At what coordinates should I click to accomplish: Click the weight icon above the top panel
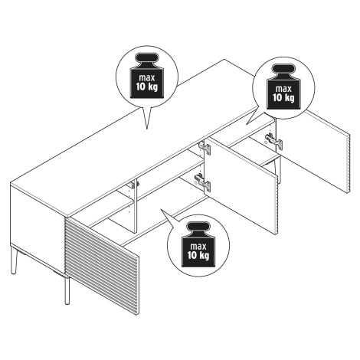146,75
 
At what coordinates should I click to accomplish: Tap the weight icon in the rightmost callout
283,87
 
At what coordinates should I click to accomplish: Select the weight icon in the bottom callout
198,244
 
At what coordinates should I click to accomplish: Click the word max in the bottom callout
198,247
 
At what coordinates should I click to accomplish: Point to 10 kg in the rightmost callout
283,97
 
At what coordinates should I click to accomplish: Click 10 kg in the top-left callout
146,87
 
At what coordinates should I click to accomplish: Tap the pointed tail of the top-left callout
147,129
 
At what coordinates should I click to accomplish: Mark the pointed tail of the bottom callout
161,210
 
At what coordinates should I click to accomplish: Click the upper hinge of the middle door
205,148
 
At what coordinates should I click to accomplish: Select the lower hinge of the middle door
203,182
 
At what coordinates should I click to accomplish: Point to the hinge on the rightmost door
274,142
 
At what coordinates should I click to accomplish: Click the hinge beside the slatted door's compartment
134,185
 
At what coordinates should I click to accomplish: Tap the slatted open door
103,265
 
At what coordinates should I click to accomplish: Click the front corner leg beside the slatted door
67,290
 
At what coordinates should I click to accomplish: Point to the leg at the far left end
14,260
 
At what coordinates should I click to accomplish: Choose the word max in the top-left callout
146,77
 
